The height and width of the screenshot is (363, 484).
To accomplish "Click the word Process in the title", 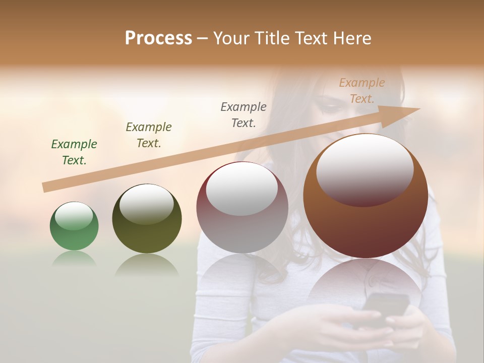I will click(158, 38).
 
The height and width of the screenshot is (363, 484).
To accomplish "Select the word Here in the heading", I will click(352, 38).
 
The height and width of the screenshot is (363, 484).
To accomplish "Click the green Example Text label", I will click(74, 152).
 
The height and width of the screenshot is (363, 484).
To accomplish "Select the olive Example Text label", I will click(149, 135).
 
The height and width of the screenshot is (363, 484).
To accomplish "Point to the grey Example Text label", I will click(244, 114).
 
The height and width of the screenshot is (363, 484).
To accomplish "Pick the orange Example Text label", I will click(362, 91).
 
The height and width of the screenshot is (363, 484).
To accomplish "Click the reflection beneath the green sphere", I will click(74, 259).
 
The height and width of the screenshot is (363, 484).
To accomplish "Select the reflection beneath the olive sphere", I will click(147, 265).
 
